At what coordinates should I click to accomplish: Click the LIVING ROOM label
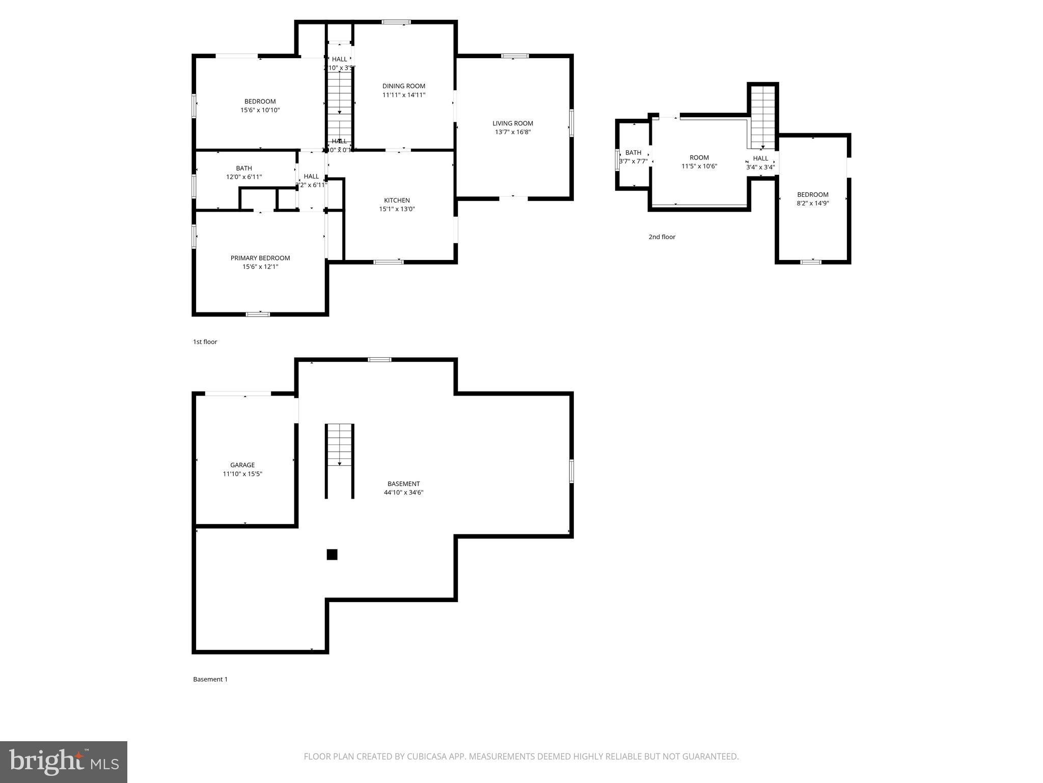[x=512, y=123]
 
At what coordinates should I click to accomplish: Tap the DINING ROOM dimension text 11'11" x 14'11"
[x=404, y=95]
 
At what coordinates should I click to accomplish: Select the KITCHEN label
[x=397, y=200]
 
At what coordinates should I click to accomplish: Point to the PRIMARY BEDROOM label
[x=260, y=258]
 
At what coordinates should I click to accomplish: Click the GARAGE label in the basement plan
[x=242, y=465]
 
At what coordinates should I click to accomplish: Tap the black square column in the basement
[x=332, y=555]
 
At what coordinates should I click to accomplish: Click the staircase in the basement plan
[x=340, y=449]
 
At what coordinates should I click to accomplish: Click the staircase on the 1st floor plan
[x=340, y=102]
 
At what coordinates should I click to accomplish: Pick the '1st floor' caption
[x=205, y=342]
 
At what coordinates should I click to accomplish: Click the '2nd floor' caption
[x=662, y=237]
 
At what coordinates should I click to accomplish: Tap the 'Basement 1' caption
[x=210, y=680]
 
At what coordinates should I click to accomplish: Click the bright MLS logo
[x=64, y=762]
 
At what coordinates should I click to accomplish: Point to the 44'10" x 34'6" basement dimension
[x=404, y=492]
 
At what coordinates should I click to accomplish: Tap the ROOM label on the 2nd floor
[x=699, y=158]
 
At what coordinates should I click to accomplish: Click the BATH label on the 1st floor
[x=244, y=168]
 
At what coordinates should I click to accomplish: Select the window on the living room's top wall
[x=515, y=56]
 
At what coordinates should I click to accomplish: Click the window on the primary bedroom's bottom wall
[x=258, y=314]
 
